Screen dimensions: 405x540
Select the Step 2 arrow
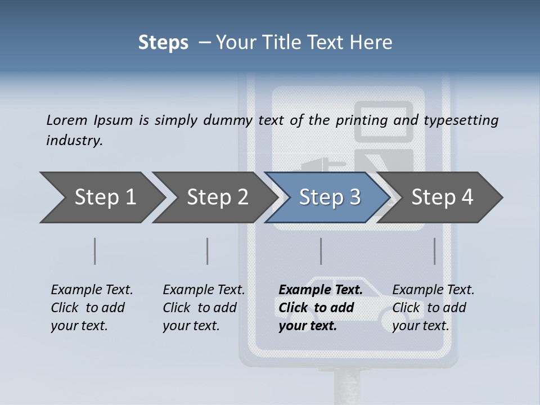pos(214,197)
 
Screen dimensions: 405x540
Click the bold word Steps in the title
pos(163,42)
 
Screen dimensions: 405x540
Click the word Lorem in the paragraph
pos(66,120)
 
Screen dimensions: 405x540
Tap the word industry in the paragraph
pos(74,140)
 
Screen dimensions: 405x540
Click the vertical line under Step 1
pos(95,251)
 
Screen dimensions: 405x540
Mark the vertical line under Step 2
pos(208,251)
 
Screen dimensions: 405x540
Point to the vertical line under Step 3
pos(321,251)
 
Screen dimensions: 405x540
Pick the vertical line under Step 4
pos(434,251)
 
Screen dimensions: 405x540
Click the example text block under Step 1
pos(92,308)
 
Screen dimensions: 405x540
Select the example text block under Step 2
pos(204,308)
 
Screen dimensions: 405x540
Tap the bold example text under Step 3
pos(320,308)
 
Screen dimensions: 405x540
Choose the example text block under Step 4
pos(433,308)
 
